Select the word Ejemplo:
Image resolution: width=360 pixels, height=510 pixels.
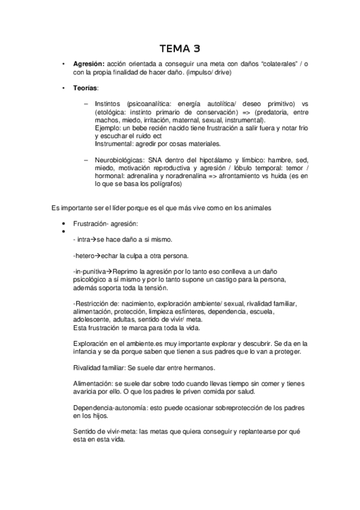click(109, 129)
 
